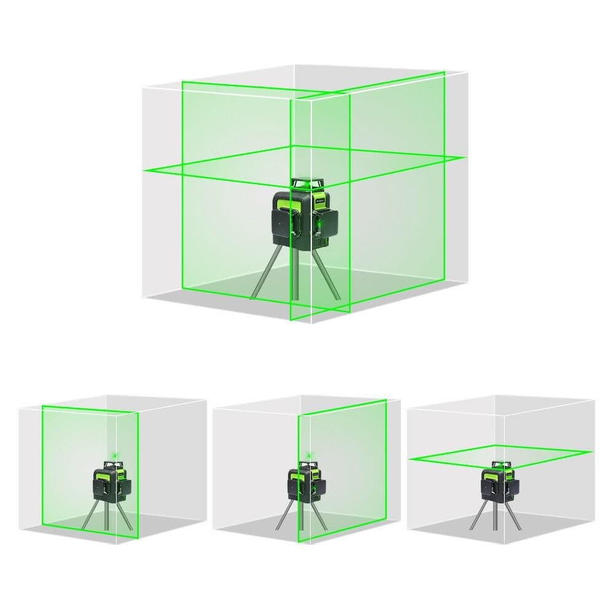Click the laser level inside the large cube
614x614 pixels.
(x=301, y=215)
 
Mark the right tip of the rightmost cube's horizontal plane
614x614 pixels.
(x=591, y=452)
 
